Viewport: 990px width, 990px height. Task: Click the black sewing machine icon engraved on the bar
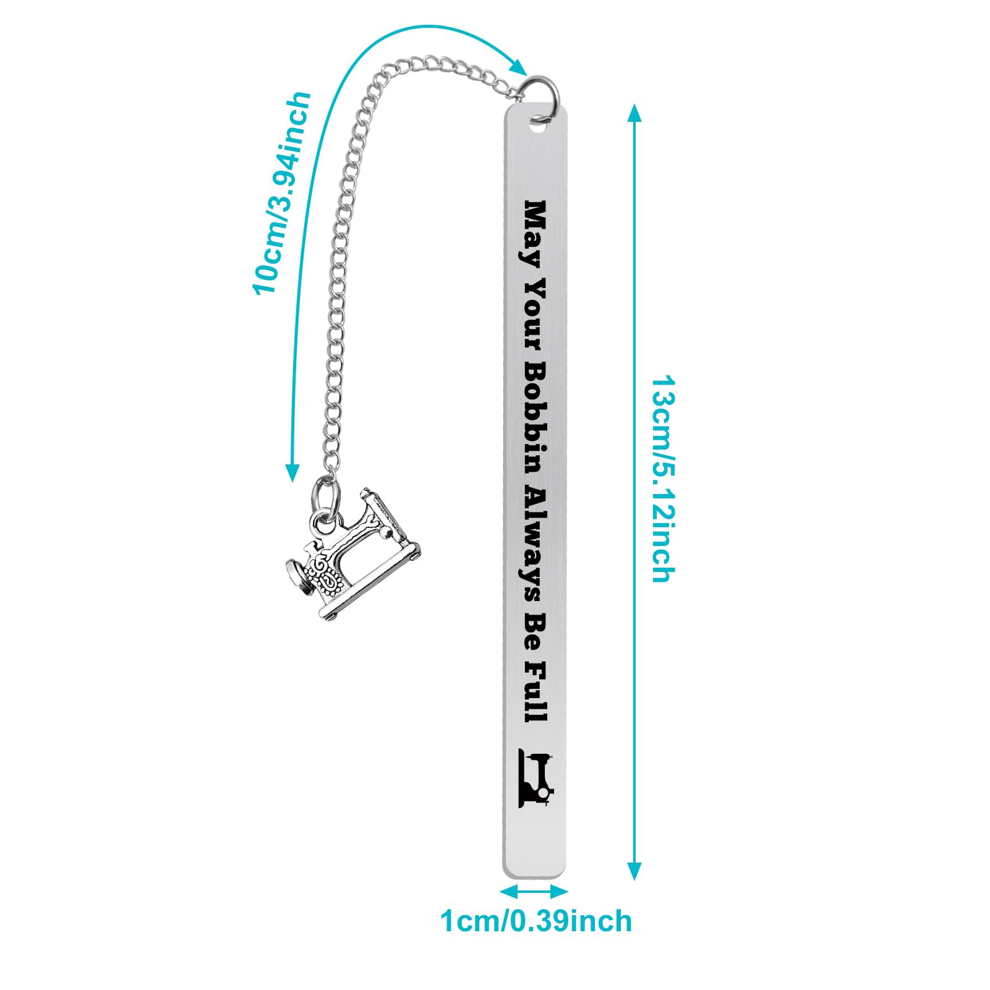(x=536, y=778)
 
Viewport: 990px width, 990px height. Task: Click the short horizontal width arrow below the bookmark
(x=534, y=891)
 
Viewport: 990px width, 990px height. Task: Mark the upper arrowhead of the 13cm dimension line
(x=634, y=114)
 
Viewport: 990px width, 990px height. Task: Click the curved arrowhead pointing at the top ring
(x=518, y=66)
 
